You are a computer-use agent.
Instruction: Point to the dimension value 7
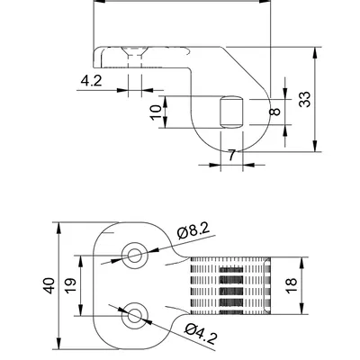[232, 155]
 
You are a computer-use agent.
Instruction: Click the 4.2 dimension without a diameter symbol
[90, 81]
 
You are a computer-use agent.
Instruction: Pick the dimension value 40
[49, 286]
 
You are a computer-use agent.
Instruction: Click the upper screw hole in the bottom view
[136, 256]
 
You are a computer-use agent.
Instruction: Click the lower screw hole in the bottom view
[136, 314]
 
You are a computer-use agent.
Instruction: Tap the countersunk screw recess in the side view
[135, 56]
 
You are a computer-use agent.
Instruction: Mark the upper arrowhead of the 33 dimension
[316, 51]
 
